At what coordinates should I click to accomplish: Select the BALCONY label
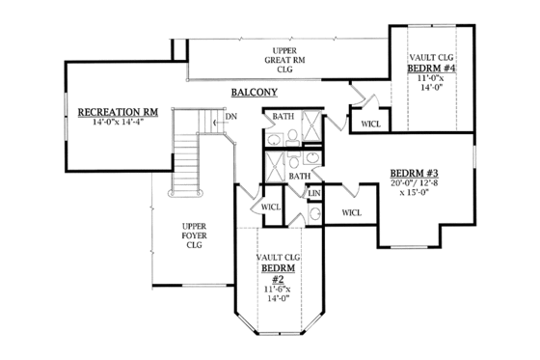(x=255, y=93)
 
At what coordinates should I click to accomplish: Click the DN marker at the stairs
(x=230, y=117)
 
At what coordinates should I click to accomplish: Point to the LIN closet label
(x=313, y=193)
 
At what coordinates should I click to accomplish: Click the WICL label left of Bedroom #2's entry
(x=271, y=207)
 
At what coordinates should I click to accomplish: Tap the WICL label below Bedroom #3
(x=351, y=211)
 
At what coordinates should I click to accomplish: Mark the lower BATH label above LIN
(x=300, y=176)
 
